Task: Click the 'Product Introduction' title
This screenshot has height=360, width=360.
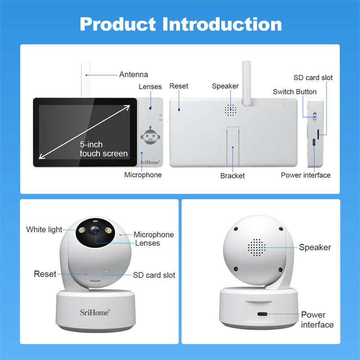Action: [181, 24]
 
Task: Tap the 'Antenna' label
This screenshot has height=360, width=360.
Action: [133, 74]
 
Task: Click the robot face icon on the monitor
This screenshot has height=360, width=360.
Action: [150, 135]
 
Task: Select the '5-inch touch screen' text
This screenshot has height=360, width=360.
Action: [103, 149]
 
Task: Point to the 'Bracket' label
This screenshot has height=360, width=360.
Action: [232, 175]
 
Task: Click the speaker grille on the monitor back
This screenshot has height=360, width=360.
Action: [230, 110]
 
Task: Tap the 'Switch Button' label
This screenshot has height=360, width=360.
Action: [295, 92]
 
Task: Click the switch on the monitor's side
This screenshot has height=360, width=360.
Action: [315, 116]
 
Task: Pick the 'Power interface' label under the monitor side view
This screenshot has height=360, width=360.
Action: [306, 175]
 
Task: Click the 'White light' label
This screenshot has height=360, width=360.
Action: [44, 229]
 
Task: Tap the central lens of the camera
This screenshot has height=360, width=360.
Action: [95, 229]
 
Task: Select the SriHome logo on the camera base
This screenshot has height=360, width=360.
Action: [95, 312]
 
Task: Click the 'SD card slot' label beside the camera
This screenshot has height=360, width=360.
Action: [154, 275]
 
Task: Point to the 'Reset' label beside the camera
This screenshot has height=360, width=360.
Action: [45, 274]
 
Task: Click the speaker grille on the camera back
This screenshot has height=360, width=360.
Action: [256, 247]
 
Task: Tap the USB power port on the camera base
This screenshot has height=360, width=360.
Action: [262, 314]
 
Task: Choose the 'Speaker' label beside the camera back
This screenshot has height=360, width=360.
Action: [315, 247]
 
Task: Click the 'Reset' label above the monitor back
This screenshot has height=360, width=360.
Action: [179, 86]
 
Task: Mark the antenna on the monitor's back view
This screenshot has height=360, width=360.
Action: [246, 83]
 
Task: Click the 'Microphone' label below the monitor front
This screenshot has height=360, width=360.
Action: [143, 175]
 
